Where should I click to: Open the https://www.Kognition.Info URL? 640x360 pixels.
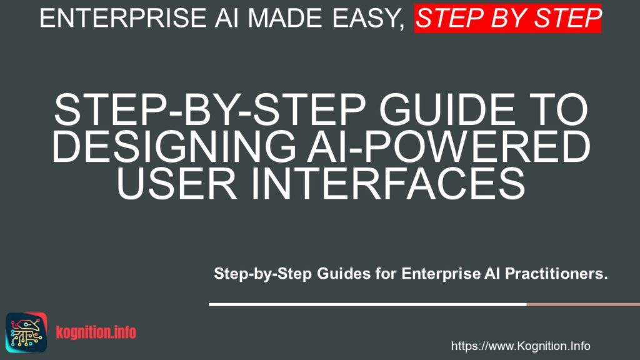(520, 346)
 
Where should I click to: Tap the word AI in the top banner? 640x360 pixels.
(221, 18)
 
